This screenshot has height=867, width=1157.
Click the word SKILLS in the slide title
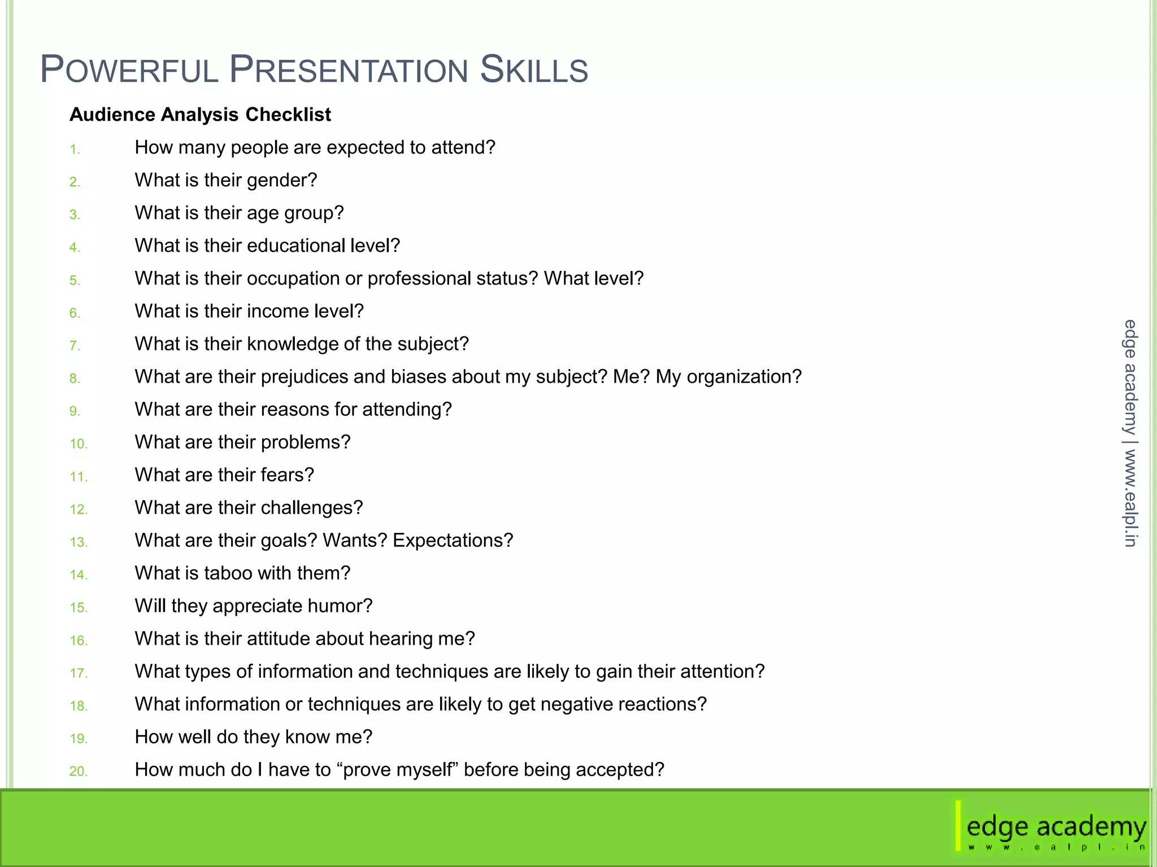(x=533, y=70)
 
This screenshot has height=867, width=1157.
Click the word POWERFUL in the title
(x=129, y=70)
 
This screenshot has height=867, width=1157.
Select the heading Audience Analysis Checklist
(x=200, y=115)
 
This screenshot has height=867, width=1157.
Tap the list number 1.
(x=75, y=150)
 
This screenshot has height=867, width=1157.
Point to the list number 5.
(x=75, y=281)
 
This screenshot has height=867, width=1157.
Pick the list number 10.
(x=79, y=444)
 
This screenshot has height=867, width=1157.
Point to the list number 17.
(x=79, y=673)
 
